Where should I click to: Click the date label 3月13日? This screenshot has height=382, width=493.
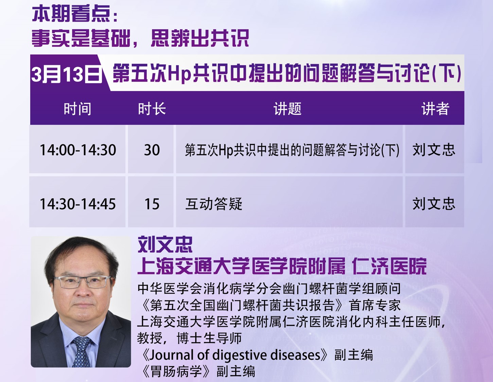[67, 74]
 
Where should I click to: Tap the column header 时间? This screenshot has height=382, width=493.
[77, 109]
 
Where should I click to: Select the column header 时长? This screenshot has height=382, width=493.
[152, 109]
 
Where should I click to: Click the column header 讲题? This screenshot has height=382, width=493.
[287, 109]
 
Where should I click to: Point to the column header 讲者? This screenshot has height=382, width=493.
[435, 109]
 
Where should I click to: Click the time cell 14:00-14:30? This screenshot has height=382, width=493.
[78, 150]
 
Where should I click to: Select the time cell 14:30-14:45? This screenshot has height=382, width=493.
[78, 204]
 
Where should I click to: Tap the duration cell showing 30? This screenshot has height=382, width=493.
[152, 150]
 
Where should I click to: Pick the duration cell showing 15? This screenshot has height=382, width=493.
[152, 204]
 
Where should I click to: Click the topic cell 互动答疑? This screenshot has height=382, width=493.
[214, 204]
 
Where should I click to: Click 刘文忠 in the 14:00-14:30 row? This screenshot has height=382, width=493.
[434, 150]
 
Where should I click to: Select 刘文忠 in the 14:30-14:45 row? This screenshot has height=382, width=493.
[434, 204]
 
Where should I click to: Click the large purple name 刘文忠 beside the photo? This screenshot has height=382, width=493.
[165, 244]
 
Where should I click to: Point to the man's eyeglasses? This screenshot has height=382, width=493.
[83, 282]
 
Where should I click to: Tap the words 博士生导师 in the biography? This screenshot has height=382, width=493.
[209, 338]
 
